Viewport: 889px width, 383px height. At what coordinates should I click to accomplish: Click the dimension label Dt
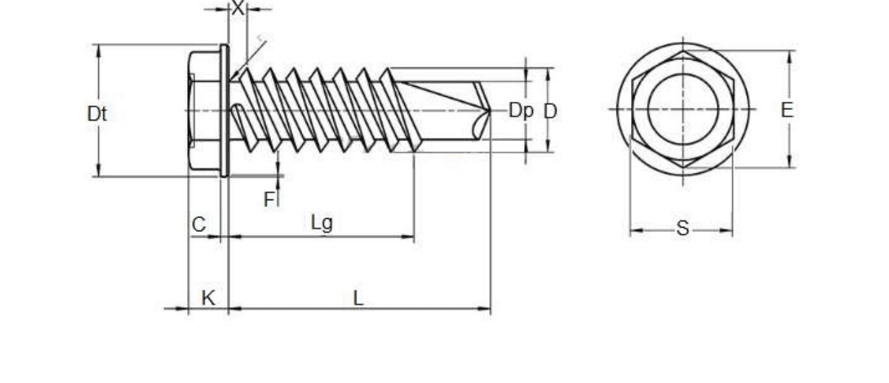click(97, 114)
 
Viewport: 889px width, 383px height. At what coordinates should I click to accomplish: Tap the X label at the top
click(238, 8)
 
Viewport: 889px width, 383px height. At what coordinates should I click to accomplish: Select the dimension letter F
click(270, 199)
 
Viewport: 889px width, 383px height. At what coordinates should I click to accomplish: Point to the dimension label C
click(199, 224)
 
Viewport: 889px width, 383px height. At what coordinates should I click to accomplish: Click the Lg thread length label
click(322, 223)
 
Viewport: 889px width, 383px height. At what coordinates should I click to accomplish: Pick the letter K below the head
click(208, 298)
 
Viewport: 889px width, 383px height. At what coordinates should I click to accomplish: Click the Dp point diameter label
click(520, 111)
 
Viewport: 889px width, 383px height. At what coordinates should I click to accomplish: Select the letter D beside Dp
click(550, 111)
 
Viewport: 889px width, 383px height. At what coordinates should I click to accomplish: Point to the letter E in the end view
click(787, 110)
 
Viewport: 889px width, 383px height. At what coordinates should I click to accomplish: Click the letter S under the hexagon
click(682, 228)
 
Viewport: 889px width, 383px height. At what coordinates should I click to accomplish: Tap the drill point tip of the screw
click(491, 111)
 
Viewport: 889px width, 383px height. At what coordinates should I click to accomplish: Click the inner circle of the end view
click(648, 109)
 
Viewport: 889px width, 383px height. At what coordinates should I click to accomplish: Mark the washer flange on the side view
click(224, 111)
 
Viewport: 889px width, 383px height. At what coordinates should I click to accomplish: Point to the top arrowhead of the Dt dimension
click(98, 51)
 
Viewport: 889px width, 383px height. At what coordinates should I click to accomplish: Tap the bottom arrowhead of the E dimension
click(789, 160)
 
